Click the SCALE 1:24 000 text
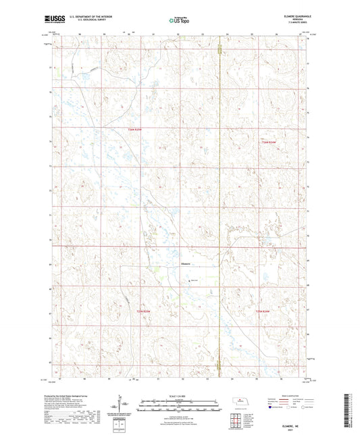click(180, 396)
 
